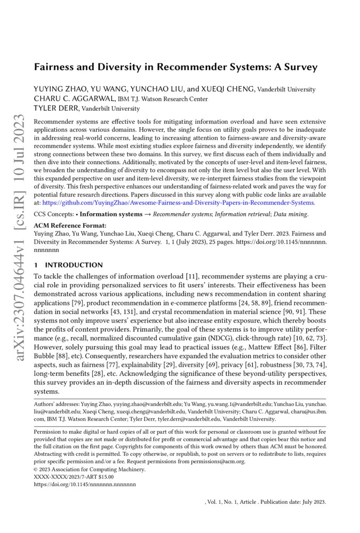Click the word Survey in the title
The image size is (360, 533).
point(300,68)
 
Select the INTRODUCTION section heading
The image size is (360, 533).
point(74,265)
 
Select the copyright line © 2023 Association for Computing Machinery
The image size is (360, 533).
point(83,469)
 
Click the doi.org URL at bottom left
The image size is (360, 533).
point(85,484)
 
